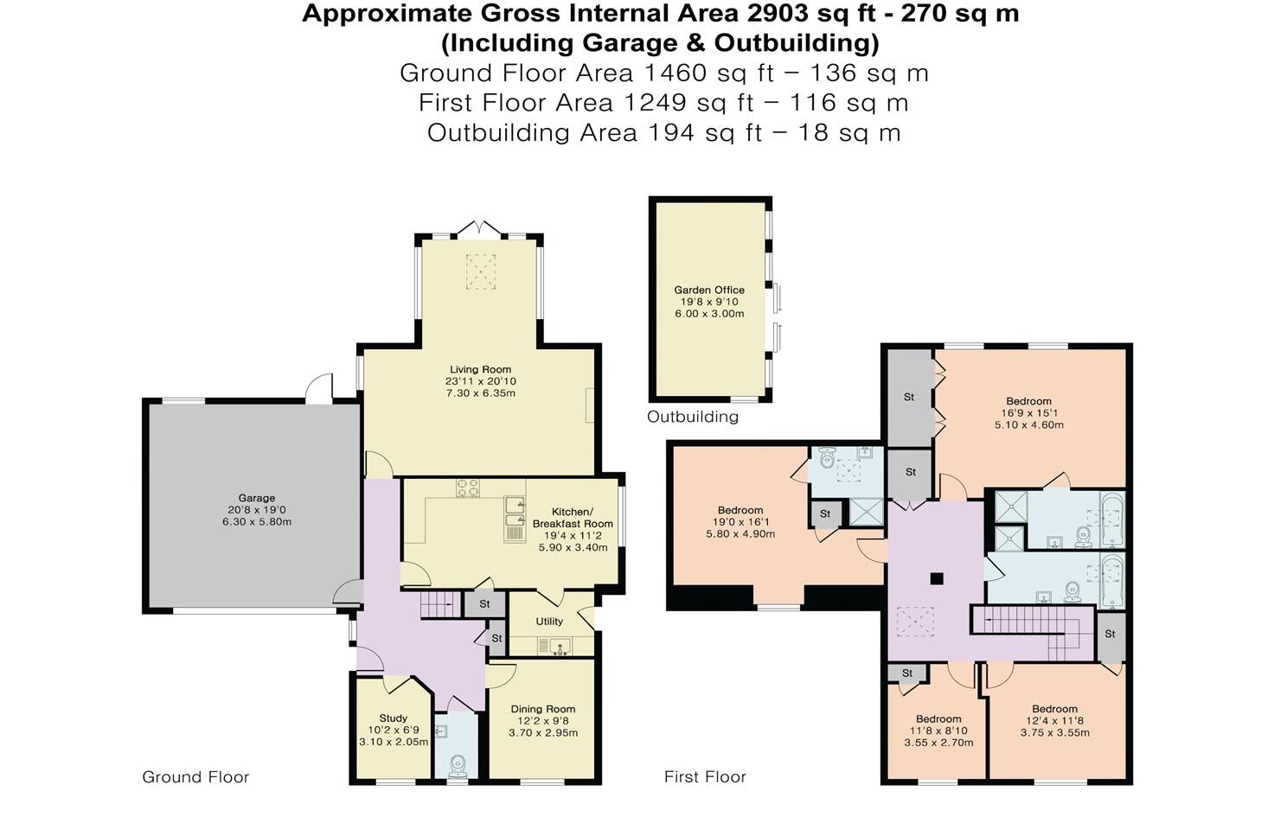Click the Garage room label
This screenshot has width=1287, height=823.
pyautogui.click(x=257, y=498)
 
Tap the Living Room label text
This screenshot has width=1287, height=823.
pyautogui.click(x=480, y=370)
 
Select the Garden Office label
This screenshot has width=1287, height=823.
pyautogui.click(x=709, y=290)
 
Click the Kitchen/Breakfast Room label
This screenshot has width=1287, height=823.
pyautogui.click(x=573, y=518)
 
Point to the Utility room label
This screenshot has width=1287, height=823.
pyautogui.click(x=549, y=622)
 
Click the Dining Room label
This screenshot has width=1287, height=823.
pyautogui.click(x=542, y=709)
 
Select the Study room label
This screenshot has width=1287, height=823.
pyautogui.click(x=393, y=718)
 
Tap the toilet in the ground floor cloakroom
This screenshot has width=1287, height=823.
pyautogui.click(x=458, y=765)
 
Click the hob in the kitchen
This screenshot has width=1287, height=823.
pyautogui.click(x=468, y=488)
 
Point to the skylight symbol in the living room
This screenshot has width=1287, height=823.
pyautogui.click(x=481, y=271)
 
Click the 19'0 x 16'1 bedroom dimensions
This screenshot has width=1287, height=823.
pyautogui.click(x=740, y=522)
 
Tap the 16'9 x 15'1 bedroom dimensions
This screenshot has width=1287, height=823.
pyautogui.click(x=1028, y=413)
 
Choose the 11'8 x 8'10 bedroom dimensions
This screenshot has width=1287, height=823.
pyautogui.click(x=938, y=730)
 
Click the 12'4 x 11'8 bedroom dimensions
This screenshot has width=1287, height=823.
pyautogui.click(x=1054, y=721)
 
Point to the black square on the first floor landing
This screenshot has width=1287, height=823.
pyautogui.click(x=936, y=578)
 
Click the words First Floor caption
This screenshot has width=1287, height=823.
pyautogui.click(x=705, y=777)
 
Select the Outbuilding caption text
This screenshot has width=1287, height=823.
pyautogui.click(x=693, y=417)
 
